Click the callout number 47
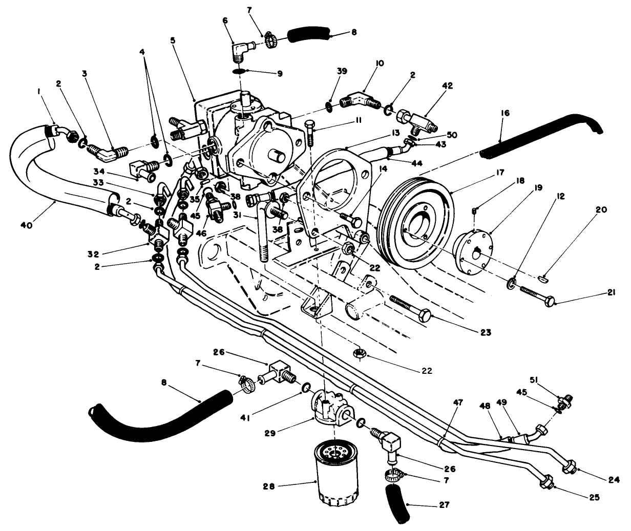click(x=458, y=403)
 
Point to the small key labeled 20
click(x=544, y=278)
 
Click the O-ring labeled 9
click(x=238, y=71)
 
